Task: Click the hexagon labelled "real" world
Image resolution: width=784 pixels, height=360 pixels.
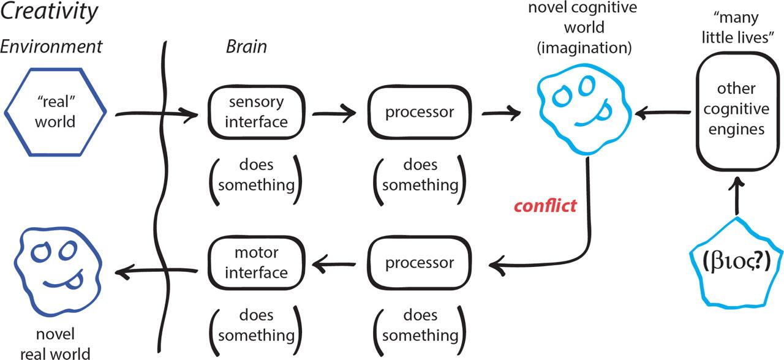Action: tap(55, 113)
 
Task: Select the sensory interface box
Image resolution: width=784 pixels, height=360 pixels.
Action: tap(256, 111)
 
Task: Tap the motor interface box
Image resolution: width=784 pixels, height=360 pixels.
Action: tap(256, 263)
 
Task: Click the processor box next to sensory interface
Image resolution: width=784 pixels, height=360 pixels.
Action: tap(420, 112)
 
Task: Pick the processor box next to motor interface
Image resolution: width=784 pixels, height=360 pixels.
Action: tap(420, 263)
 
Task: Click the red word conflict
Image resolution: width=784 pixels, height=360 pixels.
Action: tap(545, 206)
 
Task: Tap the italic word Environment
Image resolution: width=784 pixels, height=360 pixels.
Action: tap(51, 46)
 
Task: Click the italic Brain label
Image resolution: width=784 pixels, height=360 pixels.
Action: tap(246, 47)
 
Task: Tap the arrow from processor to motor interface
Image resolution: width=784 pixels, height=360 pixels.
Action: tap(336, 264)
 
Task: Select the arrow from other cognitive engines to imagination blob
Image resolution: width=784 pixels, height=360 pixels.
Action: tap(663, 113)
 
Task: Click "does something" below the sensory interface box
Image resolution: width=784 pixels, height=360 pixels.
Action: tap(256, 175)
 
